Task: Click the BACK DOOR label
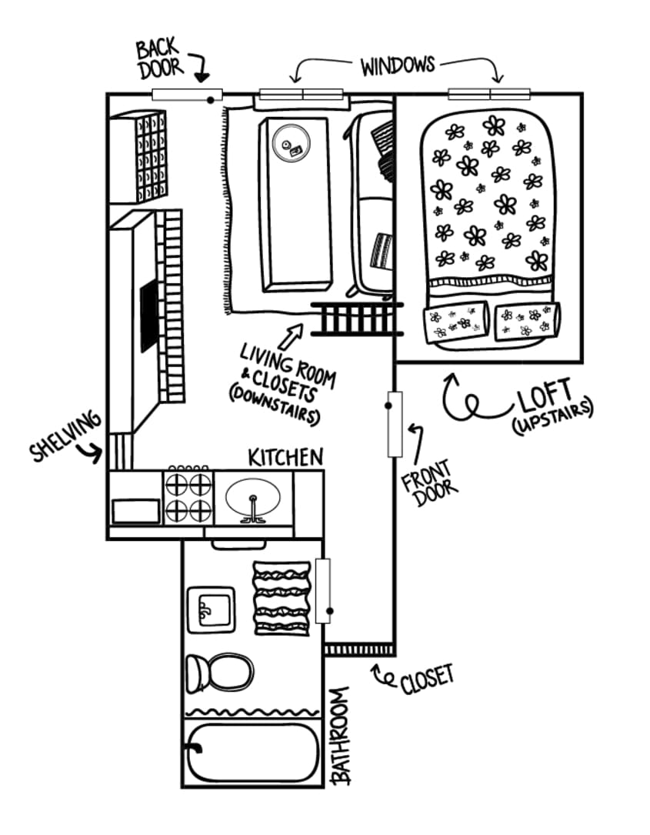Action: coord(160,58)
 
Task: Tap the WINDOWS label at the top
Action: coord(397,65)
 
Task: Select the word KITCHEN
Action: coord(285,457)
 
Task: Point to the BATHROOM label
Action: coord(341,735)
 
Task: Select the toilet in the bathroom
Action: coord(222,671)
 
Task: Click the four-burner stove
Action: coord(188,497)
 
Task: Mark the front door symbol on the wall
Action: coord(395,423)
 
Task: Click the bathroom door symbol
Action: coord(322,591)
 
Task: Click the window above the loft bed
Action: coord(489,94)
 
